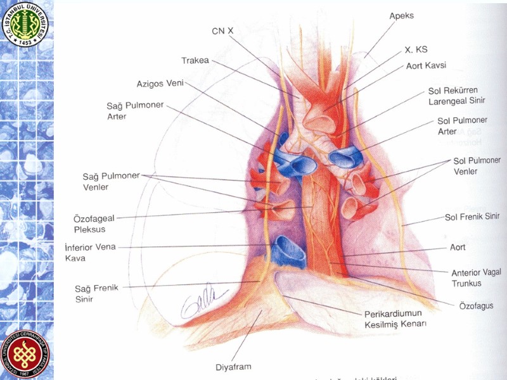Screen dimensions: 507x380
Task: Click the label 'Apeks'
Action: coord(402,16)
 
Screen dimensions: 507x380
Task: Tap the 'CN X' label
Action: coord(222,30)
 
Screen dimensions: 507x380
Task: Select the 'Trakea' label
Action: coord(195,61)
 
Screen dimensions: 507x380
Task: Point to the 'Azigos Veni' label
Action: coord(160,84)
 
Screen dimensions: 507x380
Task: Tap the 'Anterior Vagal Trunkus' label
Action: coord(476,277)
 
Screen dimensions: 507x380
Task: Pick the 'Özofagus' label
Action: coord(476,305)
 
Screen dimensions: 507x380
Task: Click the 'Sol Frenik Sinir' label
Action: coord(472,217)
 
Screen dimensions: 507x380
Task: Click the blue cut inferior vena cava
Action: coord(290,250)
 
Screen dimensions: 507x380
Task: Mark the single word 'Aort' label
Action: coord(458,248)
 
